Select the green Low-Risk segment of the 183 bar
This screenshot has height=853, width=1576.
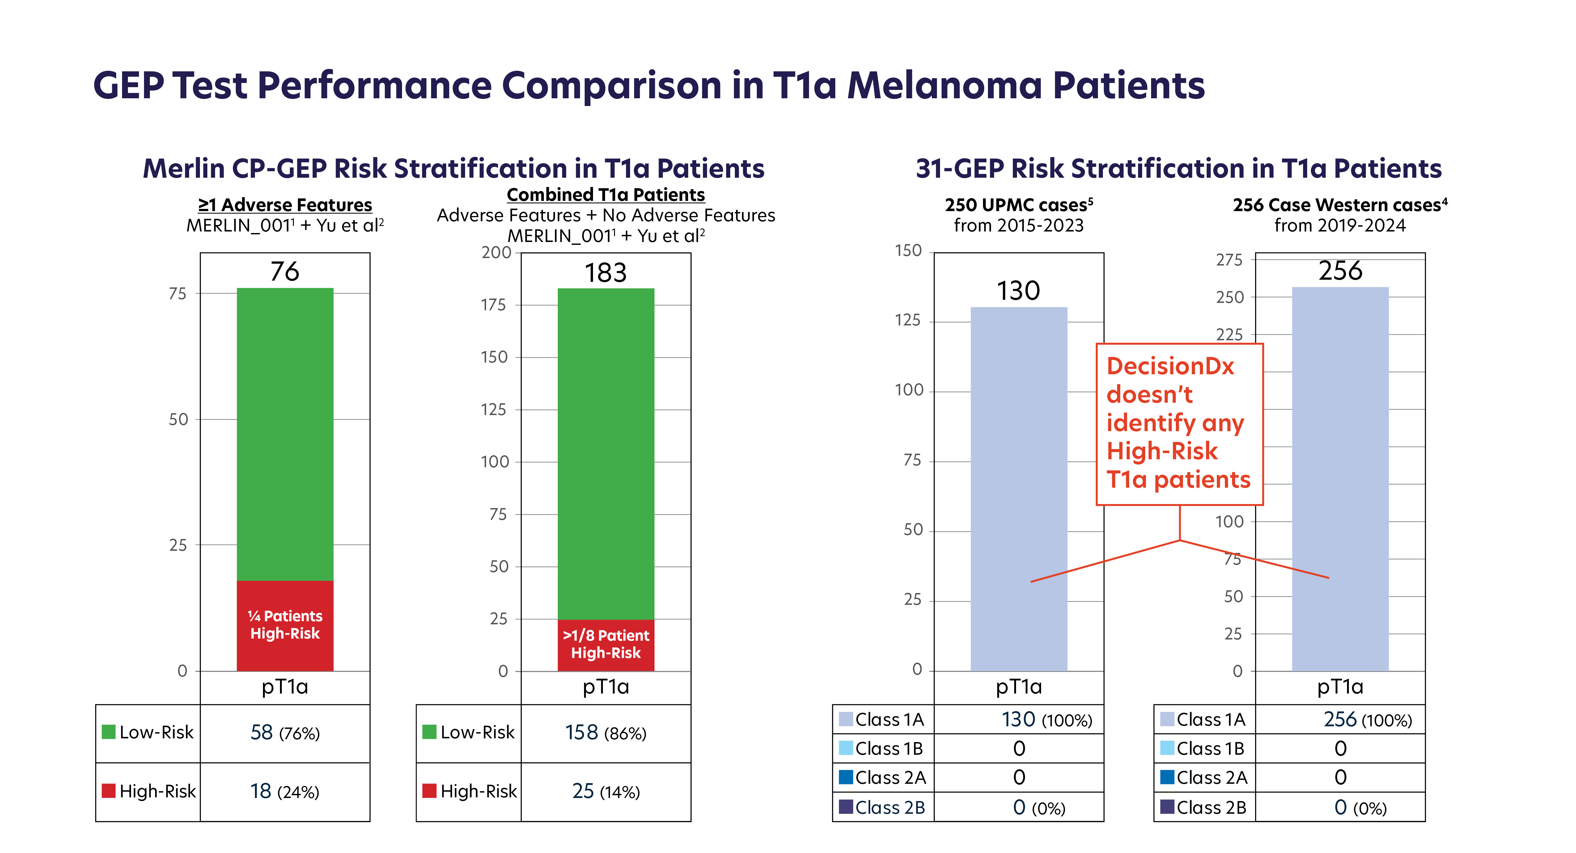(x=606, y=453)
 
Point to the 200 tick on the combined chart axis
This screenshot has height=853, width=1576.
(x=496, y=253)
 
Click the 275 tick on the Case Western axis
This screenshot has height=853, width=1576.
(x=1229, y=260)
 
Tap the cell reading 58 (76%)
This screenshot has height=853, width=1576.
(x=285, y=732)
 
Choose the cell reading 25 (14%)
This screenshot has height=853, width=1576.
(x=606, y=791)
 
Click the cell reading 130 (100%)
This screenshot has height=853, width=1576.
(x=1046, y=719)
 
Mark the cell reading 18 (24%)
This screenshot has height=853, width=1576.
(x=285, y=791)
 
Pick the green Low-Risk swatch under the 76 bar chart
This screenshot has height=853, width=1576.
(x=108, y=732)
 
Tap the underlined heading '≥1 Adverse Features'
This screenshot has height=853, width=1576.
(x=285, y=205)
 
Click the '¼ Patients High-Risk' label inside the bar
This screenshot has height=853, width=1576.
(x=285, y=625)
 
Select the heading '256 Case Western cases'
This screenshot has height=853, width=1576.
(x=1340, y=205)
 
